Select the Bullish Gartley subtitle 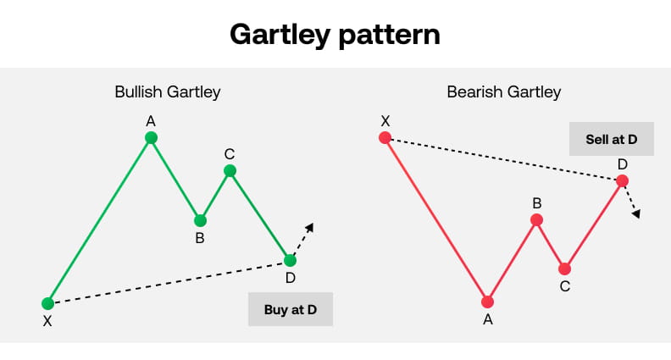click(x=168, y=91)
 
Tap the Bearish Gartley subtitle click(x=504, y=91)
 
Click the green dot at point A click(x=151, y=137)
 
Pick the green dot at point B click(x=200, y=220)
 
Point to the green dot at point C click(x=230, y=171)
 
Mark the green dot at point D click(x=291, y=260)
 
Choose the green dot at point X click(x=48, y=303)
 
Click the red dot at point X click(x=385, y=137)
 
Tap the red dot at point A click(x=487, y=302)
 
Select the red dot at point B click(x=536, y=220)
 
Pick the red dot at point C click(x=565, y=269)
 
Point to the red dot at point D click(x=623, y=180)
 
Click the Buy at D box click(x=291, y=309)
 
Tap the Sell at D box click(x=611, y=139)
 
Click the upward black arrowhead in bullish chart click(x=309, y=227)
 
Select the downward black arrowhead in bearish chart click(x=635, y=213)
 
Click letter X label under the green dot click(x=47, y=321)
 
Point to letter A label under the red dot click(x=487, y=319)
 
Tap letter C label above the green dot click(x=230, y=153)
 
